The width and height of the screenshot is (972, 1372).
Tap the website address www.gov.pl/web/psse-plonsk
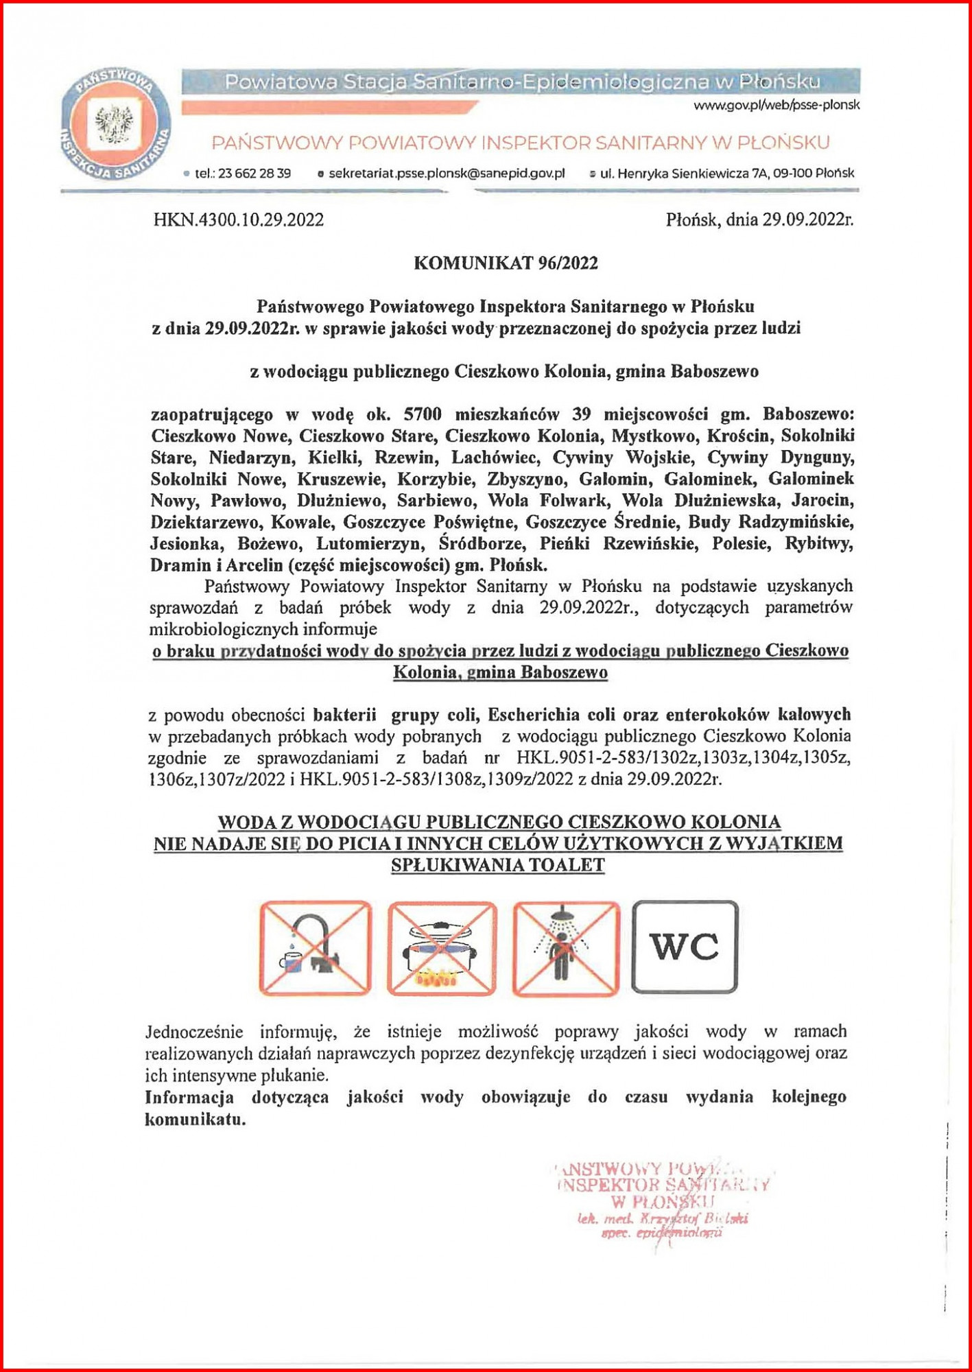(776, 105)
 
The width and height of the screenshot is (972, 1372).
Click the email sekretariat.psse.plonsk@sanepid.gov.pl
(446, 174)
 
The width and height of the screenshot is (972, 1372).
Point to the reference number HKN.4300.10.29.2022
(239, 220)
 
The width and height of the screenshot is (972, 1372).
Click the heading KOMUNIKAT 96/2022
(506, 263)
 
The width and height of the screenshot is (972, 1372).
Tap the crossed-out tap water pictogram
(315, 947)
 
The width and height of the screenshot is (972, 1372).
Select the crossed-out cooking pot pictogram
(442, 947)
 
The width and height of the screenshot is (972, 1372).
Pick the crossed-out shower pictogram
(566, 947)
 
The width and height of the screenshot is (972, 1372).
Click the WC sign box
(685, 947)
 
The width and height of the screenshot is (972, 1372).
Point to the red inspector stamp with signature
(662, 1201)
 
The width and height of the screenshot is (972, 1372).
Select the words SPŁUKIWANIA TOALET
(498, 865)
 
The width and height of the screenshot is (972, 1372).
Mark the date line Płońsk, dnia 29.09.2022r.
(759, 220)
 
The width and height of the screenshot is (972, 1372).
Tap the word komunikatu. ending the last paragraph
(195, 1120)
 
